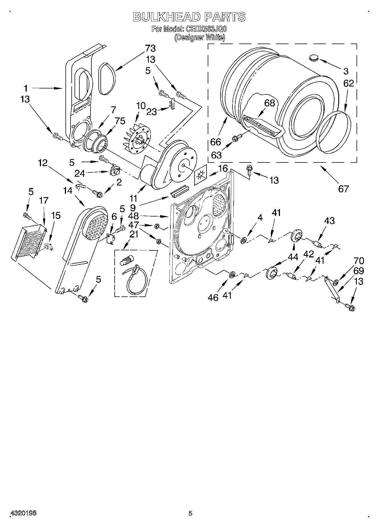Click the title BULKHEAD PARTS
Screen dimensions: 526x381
click(189, 17)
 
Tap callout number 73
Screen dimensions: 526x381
click(150, 49)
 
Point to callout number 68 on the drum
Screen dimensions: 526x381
click(269, 103)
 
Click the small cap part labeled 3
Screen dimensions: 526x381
click(313, 58)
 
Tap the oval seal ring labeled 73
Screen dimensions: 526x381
click(107, 79)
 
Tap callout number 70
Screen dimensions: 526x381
click(359, 261)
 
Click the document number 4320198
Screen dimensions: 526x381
click(23, 513)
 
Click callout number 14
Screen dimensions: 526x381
click(68, 191)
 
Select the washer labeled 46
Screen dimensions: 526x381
click(232, 275)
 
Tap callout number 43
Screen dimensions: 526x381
click(329, 220)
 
